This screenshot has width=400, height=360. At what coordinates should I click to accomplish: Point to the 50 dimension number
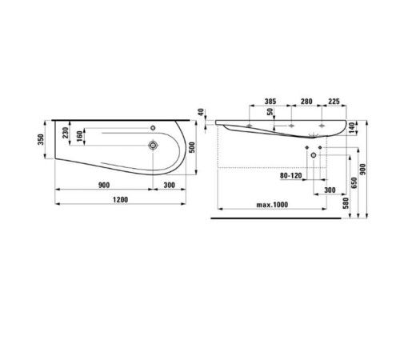click(x=270, y=114)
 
